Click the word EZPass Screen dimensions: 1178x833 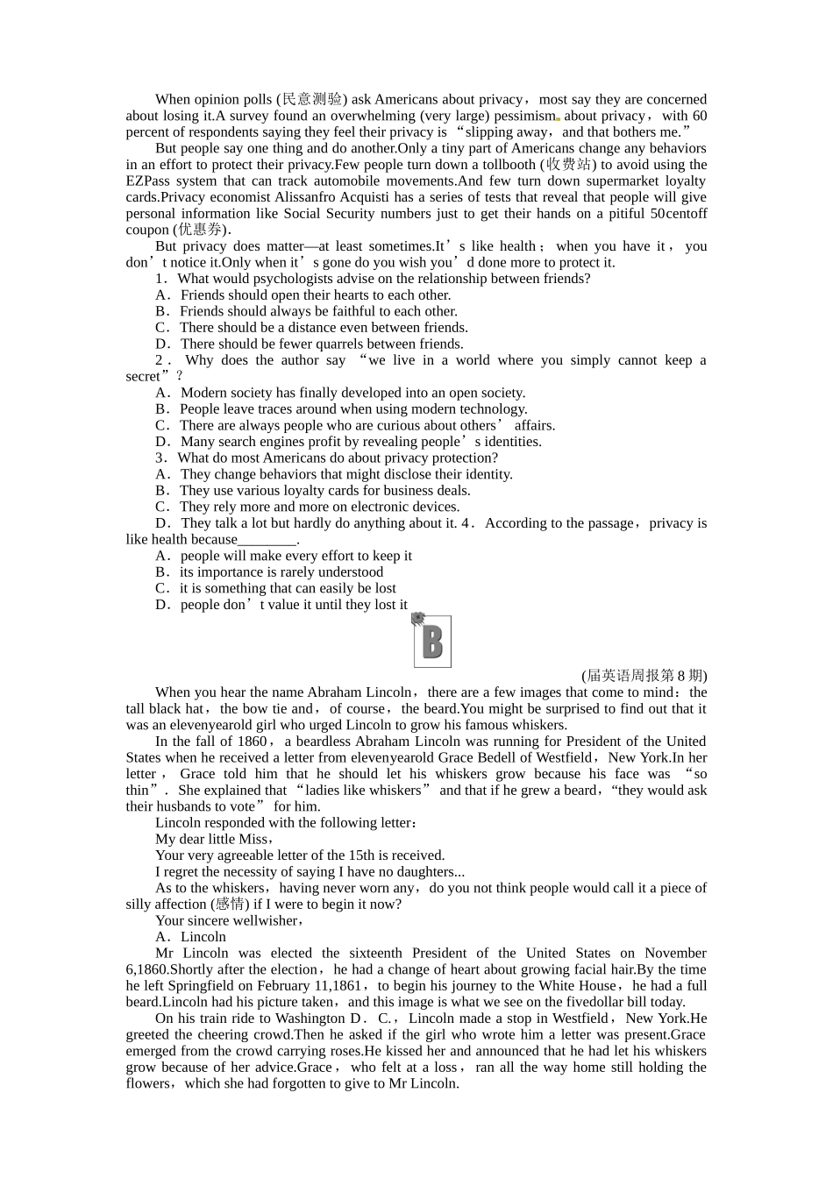(x=151, y=181)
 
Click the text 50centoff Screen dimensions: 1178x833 (x=679, y=213)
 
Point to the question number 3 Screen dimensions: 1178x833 (x=160, y=458)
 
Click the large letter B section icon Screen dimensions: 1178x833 (x=431, y=640)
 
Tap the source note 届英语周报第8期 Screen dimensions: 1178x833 (x=644, y=676)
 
